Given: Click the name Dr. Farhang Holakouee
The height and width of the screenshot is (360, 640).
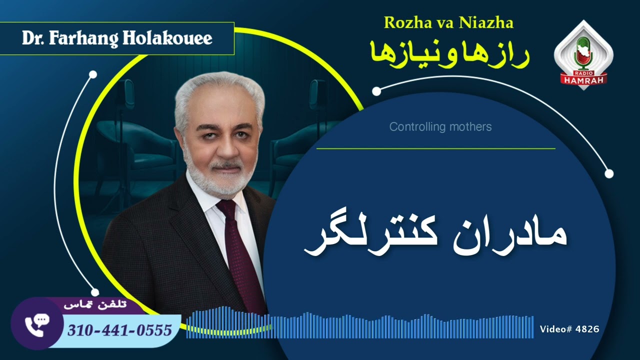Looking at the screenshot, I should pyautogui.click(x=117, y=38).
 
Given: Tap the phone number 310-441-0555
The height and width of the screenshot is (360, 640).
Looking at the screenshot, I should pyautogui.click(x=119, y=330).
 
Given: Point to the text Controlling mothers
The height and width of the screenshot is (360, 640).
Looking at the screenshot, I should pyautogui.click(x=440, y=127).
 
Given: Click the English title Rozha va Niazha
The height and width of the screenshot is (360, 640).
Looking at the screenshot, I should pyautogui.click(x=448, y=22).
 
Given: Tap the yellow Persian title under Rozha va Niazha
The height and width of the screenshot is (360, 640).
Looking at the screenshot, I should pyautogui.click(x=448, y=53).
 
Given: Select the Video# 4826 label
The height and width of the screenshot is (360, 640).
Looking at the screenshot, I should pyautogui.click(x=569, y=329).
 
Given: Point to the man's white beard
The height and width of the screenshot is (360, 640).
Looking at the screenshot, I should pyautogui.click(x=220, y=180).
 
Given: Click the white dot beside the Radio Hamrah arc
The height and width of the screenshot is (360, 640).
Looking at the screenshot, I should pyautogui.click(x=376, y=91).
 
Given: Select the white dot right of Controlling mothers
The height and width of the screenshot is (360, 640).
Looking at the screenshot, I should pyautogui.click(x=608, y=173).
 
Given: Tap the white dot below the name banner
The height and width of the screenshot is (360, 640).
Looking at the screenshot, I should pyautogui.click(x=92, y=74).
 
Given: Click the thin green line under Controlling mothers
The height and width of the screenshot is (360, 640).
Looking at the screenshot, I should pyautogui.click(x=435, y=148).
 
